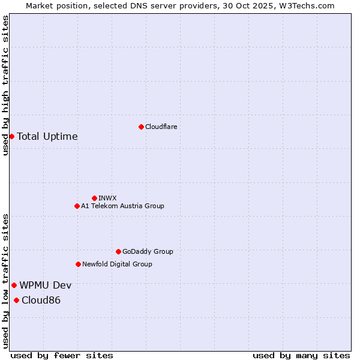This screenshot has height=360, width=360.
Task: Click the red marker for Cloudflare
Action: [141, 127]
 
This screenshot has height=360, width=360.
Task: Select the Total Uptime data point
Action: [11, 136]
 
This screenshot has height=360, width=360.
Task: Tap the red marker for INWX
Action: [94, 198]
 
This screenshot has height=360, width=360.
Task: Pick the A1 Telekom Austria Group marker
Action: [77, 206]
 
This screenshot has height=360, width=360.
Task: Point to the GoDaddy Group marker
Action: [118, 251]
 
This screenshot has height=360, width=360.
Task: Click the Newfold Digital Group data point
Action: [78, 264]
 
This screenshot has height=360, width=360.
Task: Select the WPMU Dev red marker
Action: [14, 285]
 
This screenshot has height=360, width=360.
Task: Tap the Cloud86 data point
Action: [16, 300]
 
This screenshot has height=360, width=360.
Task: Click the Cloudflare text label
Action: [161, 127]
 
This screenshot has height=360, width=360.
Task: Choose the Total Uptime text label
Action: [47, 136]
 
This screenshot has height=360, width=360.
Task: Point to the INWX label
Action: [107, 198]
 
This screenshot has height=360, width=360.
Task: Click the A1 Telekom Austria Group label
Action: [122, 206]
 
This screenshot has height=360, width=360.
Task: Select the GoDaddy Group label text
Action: [148, 251]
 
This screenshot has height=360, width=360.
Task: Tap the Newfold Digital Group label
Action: [117, 264]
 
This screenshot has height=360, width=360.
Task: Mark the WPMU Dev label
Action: [46, 285]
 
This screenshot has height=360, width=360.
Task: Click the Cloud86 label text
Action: [41, 300]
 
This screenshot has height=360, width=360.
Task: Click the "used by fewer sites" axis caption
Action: [62, 355]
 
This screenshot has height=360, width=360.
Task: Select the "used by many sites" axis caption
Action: [301, 355]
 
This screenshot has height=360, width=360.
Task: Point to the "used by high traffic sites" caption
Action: [5, 85]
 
